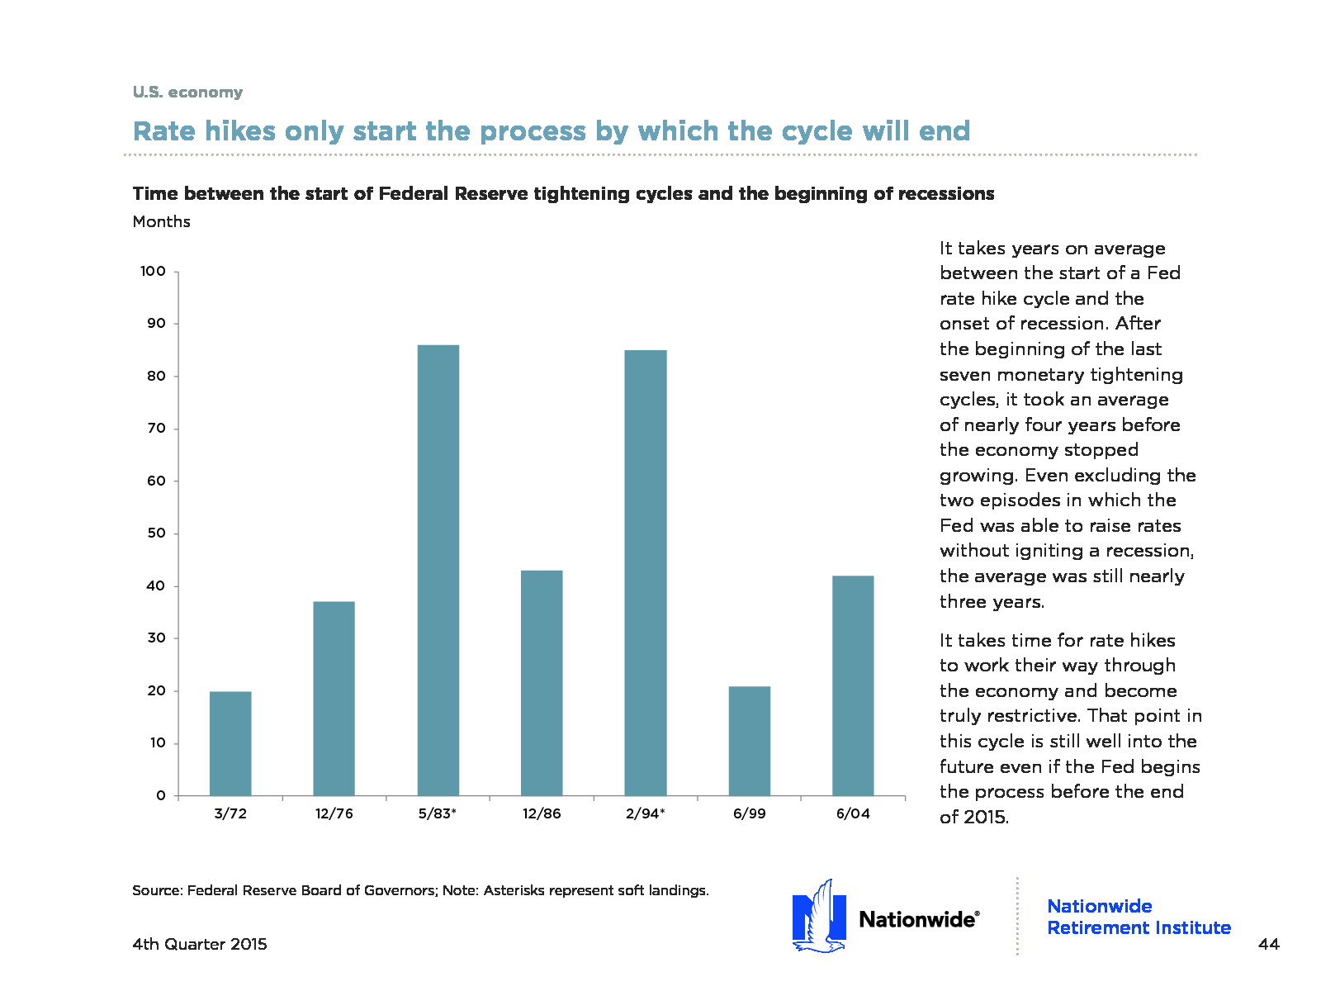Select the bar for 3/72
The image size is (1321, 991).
[230, 743]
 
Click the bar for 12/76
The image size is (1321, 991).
[334, 698]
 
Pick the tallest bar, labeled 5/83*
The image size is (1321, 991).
[438, 570]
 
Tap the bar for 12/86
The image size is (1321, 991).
[542, 682]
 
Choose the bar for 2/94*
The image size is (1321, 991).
[645, 572]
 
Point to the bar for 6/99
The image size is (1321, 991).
[750, 741]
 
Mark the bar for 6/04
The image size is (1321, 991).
[853, 685]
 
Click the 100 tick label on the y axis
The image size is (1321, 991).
[153, 272]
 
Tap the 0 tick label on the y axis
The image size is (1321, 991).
[161, 795]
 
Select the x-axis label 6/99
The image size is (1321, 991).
[750, 813]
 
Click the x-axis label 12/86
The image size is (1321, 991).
[542, 813]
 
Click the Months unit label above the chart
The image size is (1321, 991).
[161, 221]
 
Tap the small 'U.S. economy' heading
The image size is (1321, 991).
[187, 92]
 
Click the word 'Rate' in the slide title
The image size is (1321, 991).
[164, 131]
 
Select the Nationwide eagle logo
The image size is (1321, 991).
[819, 916]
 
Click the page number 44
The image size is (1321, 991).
[1269, 944]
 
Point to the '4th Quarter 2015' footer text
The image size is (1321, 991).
[200, 944]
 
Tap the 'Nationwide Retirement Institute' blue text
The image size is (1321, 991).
[1139, 917]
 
